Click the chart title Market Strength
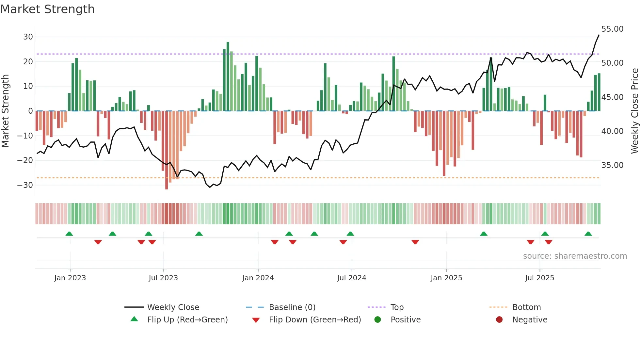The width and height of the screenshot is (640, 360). pyautogui.click(x=47, y=9)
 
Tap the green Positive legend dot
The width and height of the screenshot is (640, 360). pyautogui.click(x=378, y=320)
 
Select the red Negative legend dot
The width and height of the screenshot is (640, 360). pyautogui.click(x=499, y=320)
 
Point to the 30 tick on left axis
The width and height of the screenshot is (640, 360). pyautogui.click(x=28, y=37)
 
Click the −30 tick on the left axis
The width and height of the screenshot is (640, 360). pyautogui.click(x=25, y=185)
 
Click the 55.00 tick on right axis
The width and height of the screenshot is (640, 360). pyautogui.click(x=612, y=29)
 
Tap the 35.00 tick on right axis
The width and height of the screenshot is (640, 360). pyautogui.click(x=612, y=165)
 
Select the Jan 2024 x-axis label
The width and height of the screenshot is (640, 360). pyautogui.click(x=258, y=278)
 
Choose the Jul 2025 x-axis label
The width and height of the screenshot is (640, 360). pyautogui.click(x=539, y=278)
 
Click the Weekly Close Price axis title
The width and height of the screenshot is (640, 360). pyautogui.click(x=634, y=111)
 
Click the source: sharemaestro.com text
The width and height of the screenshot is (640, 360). pyautogui.click(x=575, y=256)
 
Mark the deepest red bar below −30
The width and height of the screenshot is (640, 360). pyautogui.click(x=167, y=150)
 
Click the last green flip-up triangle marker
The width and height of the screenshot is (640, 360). pyautogui.click(x=588, y=234)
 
